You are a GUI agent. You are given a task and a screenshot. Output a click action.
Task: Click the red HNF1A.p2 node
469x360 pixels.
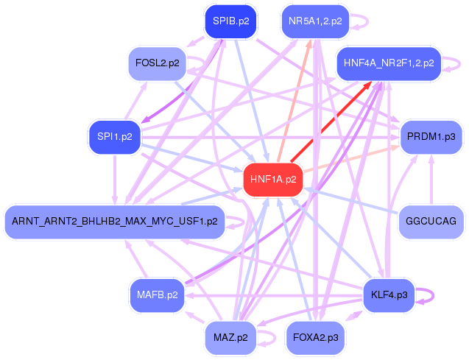click(x=273, y=180)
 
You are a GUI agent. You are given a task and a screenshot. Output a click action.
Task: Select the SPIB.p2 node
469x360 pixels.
click(x=230, y=21)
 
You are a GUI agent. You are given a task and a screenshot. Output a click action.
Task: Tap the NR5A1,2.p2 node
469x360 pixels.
click(x=315, y=21)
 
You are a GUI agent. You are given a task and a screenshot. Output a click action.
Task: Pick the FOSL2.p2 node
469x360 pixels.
click(x=158, y=63)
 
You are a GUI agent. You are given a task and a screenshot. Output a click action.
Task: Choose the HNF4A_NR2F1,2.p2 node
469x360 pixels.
click(x=389, y=63)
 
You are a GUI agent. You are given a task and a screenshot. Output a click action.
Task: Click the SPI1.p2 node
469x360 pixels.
click(x=115, y=137)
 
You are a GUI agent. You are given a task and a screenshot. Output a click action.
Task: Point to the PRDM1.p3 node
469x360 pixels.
click(x=431, y=137)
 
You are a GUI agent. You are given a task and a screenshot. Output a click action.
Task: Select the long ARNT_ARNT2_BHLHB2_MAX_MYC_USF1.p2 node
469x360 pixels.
click(x=115, y=222)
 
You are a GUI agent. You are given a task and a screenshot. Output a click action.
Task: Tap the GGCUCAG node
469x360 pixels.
click(x=431, y=222)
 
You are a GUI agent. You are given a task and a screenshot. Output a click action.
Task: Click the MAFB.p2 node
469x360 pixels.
click(x=158, y=295)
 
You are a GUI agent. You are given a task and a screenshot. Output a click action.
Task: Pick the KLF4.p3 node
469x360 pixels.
click(x=389, y=295)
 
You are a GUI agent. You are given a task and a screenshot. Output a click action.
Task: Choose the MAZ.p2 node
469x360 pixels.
click(x=230, y=338)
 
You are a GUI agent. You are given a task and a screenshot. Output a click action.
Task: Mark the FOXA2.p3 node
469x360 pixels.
click(x=315, y=338)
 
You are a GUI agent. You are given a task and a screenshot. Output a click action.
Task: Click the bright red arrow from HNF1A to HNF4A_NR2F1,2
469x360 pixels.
click(x=331, y=121)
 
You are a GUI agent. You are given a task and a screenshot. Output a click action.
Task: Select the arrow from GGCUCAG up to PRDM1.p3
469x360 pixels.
click(x=431, y=180)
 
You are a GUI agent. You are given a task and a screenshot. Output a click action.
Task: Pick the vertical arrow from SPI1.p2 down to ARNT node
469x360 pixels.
click(x=115, y=180)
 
